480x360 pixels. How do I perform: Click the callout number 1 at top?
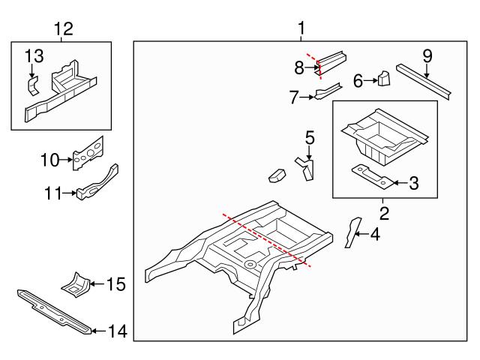pyautogui.click(x=301, y=29)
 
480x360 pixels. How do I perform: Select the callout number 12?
pyautogui.click(x=64, y=29)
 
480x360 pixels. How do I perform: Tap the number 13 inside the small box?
pyautogui.click(x=34, y=56)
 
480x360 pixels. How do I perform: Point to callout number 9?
pyautogui.click(x=427, y=55)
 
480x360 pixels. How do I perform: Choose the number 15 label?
pyautogui.click(x=115, y=284)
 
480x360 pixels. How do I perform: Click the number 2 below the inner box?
pyautogui.click(x=384, y=214)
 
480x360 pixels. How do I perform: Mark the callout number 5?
pyautogui.click(x=309, y=138)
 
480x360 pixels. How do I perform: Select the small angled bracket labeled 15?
pyautogui.click(x=76, y=284)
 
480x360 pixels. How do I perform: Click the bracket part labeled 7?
pyautogui.click(x=328, y=92)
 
